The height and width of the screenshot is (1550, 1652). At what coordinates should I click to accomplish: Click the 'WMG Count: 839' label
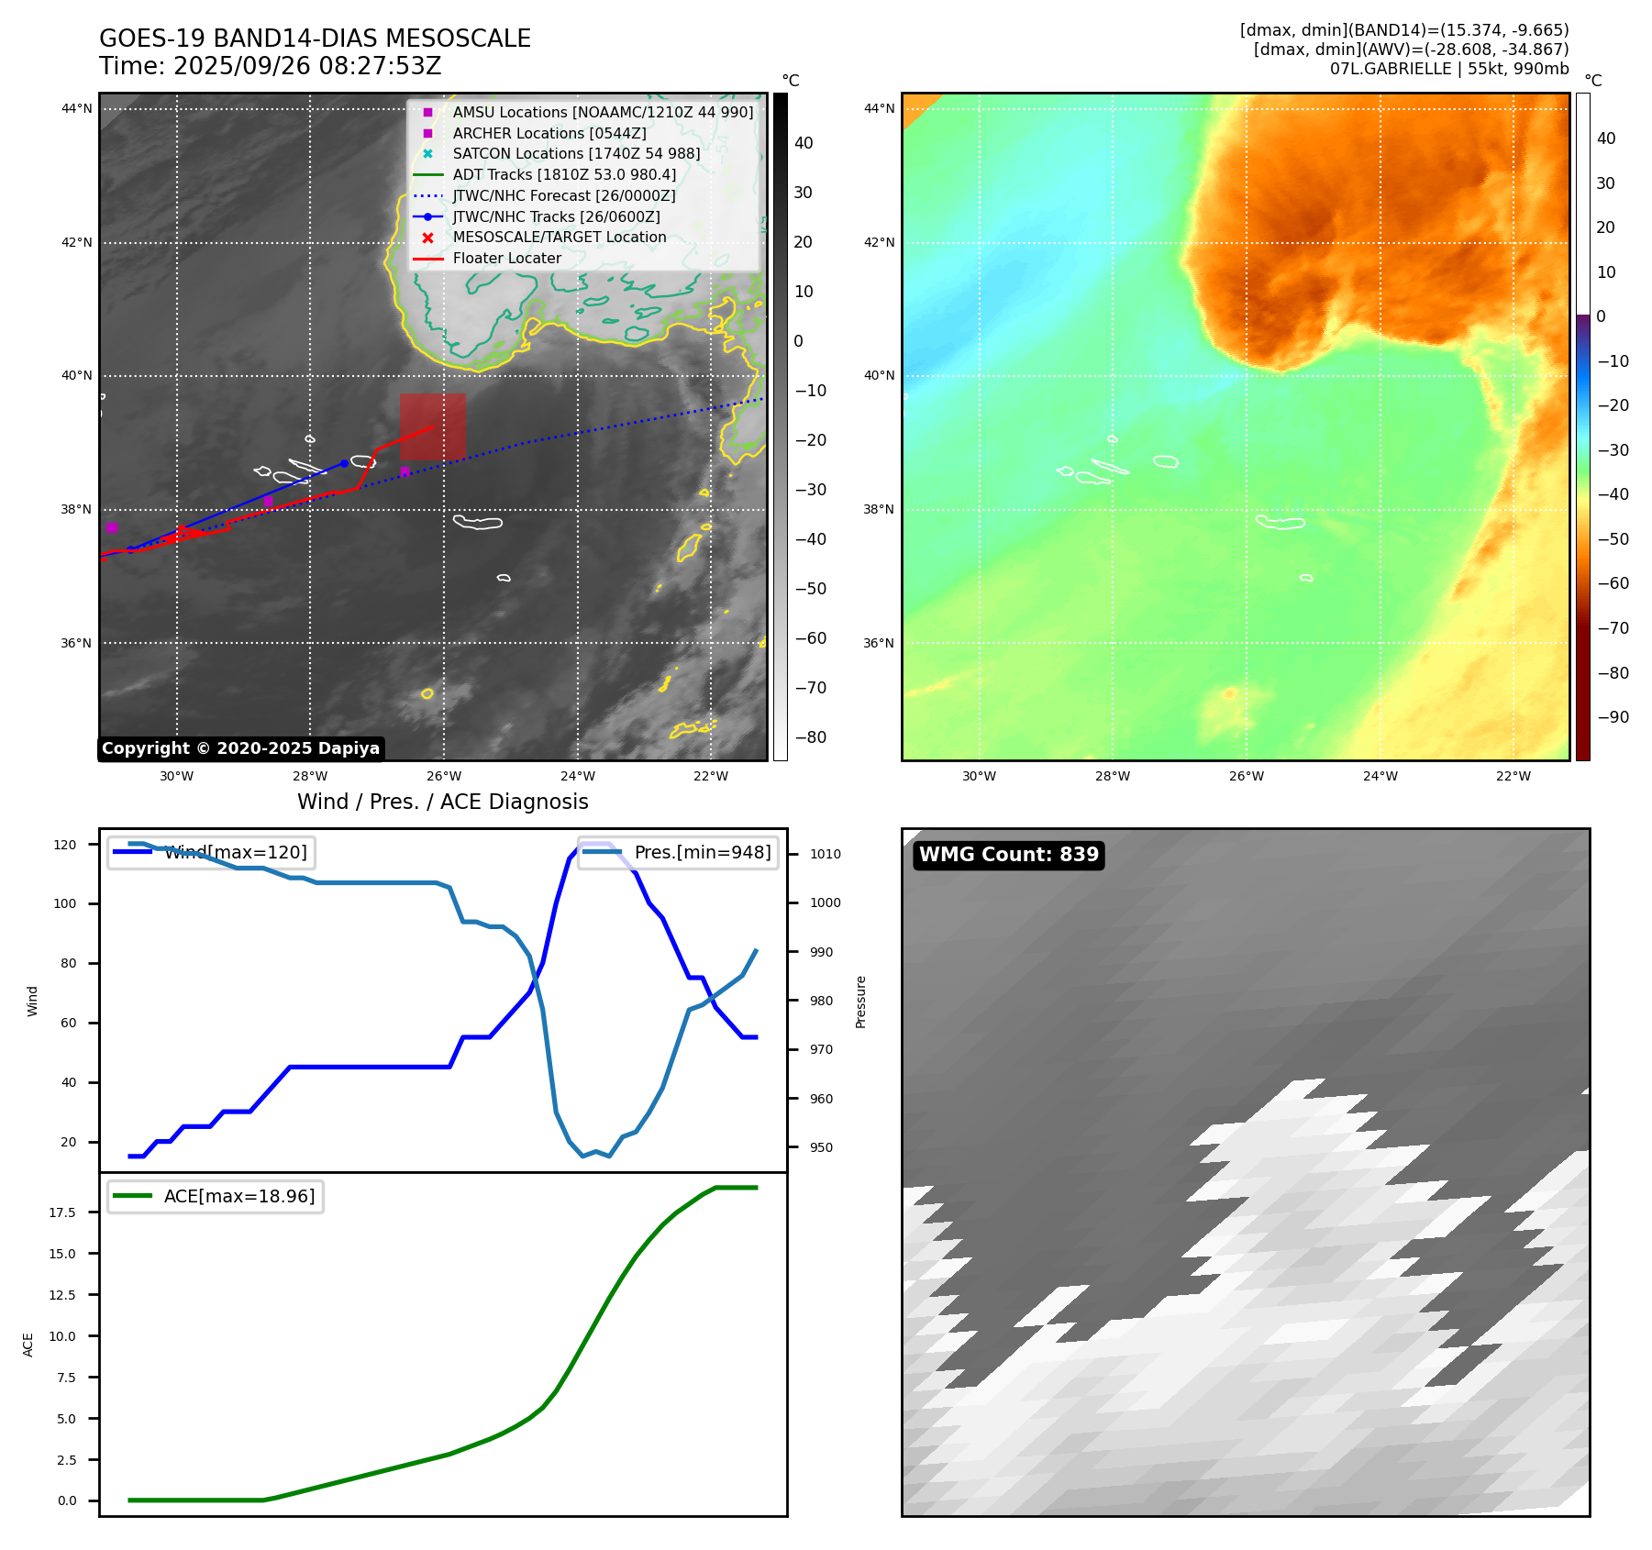point(1008,855)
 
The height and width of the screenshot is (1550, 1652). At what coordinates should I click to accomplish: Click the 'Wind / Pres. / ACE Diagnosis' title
point(442,802)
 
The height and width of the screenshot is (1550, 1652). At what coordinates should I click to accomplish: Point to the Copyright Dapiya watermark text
point(240,748)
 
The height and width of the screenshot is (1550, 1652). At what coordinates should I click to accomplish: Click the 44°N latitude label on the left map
point(77,109)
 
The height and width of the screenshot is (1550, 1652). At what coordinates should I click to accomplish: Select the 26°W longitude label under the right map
point(1246,776)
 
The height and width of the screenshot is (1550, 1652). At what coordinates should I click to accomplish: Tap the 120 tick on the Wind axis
point(65,845)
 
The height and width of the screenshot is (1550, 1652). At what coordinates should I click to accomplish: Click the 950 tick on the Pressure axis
point(821,1147)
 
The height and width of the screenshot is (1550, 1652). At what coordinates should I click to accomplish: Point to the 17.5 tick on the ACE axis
point(62,1212)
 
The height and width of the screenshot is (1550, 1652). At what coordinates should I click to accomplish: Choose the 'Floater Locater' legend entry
point(506,259)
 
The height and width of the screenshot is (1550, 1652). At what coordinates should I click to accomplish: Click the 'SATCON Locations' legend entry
point(576,154)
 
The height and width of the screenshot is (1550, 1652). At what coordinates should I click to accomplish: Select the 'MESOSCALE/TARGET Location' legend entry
point(560,238)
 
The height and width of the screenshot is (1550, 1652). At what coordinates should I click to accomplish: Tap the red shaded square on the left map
point(433,426)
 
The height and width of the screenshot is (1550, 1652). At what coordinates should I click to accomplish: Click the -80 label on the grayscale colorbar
point(810,737)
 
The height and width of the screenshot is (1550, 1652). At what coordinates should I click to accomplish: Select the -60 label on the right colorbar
point(1613,583)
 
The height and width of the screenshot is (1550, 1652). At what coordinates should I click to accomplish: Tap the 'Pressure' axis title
point(860,1002)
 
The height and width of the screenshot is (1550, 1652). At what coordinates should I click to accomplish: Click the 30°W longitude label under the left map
point(176,776)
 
